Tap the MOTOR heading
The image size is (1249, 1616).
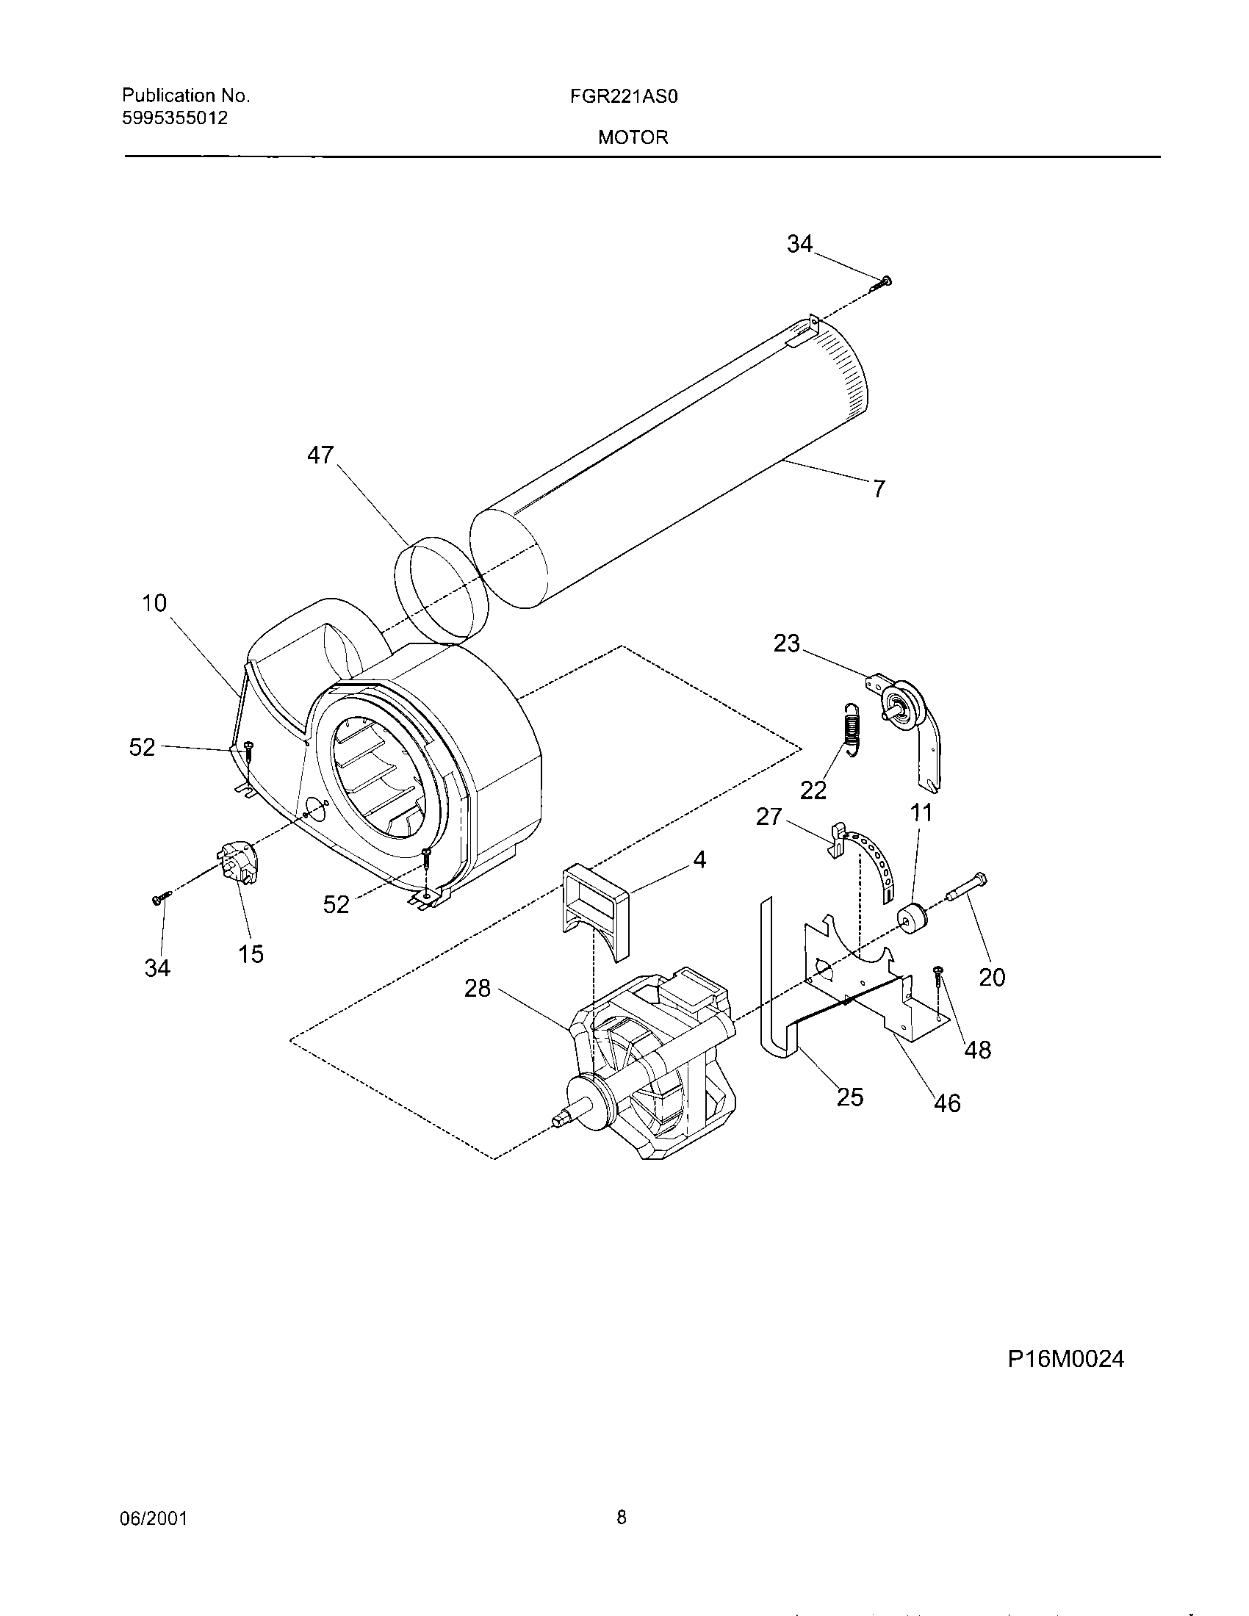tap(633, 137)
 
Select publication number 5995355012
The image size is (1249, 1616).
tap(175, 118)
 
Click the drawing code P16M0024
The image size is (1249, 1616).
tap(1065, 1359)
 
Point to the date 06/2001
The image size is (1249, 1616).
tap(153, 1519)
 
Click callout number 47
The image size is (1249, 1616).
tap(320, 454)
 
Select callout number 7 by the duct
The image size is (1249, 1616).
tap(878, 489)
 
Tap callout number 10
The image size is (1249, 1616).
tap(154, 603)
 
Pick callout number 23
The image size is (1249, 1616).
tap(787, 643)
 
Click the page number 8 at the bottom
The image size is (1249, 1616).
tap(622, 1518)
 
